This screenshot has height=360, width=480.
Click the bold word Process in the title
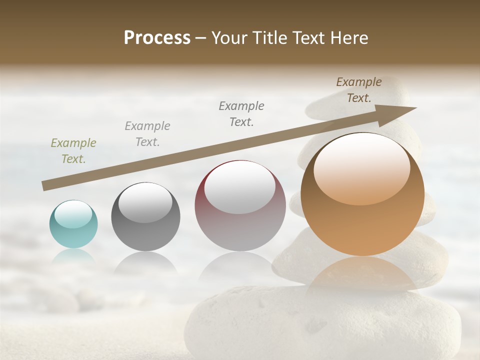coord(157,38)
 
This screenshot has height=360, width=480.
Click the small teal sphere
coord(73,225)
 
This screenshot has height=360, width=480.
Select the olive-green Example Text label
coord(73,151)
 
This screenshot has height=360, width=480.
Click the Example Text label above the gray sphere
coord(147,134)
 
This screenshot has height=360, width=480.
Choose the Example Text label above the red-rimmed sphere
coord(241,114)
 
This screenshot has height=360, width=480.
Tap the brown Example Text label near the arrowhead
coord(358,90)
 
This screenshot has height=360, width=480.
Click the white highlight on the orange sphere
coord(361,167)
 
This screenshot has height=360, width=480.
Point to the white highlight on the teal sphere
coord(73,214)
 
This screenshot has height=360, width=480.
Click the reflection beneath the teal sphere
coord(73,256)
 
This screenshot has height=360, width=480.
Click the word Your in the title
coord(228,38)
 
